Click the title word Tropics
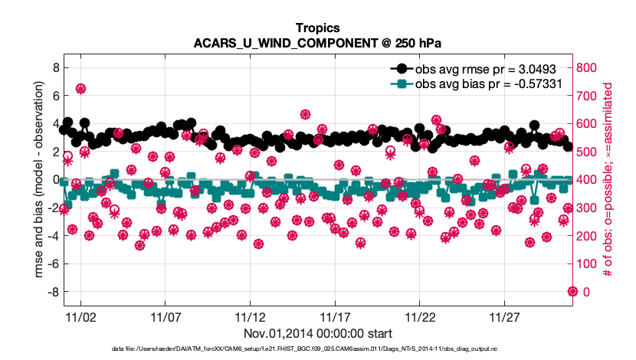tap(317, 28)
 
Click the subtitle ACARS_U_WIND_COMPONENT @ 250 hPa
tap(317, 43)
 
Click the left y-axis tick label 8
tap(55, 67)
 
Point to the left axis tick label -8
tap(52, 292)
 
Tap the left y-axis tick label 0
tap(55, 179)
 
